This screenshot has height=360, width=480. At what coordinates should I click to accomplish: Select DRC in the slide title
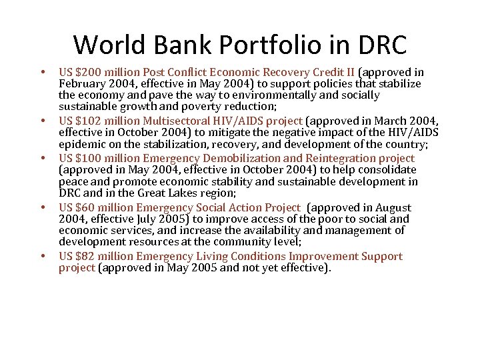pos(382,45)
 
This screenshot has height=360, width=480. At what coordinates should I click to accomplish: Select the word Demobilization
pos(240,158)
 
